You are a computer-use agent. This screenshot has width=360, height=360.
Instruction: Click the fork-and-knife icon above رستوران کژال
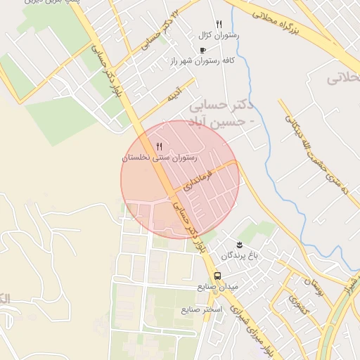219,24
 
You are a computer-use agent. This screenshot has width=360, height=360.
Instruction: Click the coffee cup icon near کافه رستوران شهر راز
203,51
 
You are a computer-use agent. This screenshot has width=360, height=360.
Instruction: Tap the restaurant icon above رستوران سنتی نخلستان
148,146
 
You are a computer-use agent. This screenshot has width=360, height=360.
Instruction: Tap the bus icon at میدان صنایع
218,276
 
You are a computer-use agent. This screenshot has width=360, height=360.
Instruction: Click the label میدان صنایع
219,287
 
